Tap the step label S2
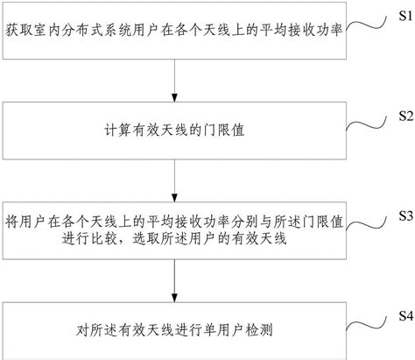click(x=402, y=116)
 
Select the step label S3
click(x=402, y=215)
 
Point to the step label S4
click(x=402, y=314)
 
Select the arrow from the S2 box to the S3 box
click(x=176, y=180)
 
